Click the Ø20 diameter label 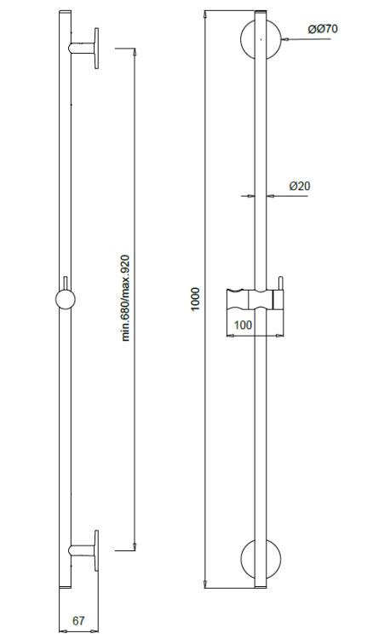[300, 186]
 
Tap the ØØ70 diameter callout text [323, 29]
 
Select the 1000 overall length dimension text [196, 299]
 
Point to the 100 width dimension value [244, 325]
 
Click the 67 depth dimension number [78, 620]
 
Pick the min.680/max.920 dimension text [125, 298]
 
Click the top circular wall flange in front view [261, 39]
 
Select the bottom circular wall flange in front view [261, 558]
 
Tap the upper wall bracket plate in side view [96, 48]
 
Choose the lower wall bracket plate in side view [96, 550]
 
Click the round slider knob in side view [65, 300]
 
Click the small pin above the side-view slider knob [65, 283]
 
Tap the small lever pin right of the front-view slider [280, 285]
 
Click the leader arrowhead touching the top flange [284, 39]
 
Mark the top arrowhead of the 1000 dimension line [206, 14]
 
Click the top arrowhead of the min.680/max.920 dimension [135, 52]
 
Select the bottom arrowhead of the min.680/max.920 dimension [135, 547]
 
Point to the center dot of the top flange [261, 39]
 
